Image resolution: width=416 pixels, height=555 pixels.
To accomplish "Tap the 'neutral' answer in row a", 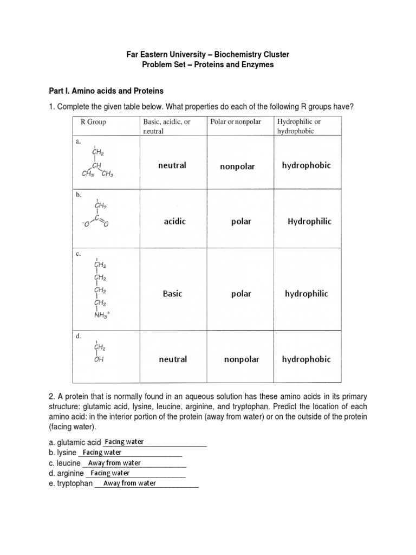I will click(x=172, y=165).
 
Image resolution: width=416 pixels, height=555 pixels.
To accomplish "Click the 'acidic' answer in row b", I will click(x=174, y=222).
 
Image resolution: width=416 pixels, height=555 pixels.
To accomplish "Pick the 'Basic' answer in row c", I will click(x=173, y=294).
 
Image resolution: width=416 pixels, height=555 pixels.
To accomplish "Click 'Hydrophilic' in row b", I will click(x=309, y=221).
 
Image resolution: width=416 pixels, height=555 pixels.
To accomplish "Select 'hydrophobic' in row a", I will click(x=306, y=165).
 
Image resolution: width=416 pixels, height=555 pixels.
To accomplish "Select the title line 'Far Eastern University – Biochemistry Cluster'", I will click(x=208, y=55).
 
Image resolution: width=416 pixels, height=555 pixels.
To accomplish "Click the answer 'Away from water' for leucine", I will click(x=114, y=463).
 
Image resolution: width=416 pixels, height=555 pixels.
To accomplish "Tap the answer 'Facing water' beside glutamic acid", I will click(x=124, y=442).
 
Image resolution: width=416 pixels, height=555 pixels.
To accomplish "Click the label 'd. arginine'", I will click(x=67, y=473).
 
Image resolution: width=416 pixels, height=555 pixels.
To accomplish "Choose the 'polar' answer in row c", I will click(x=241, y=294).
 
